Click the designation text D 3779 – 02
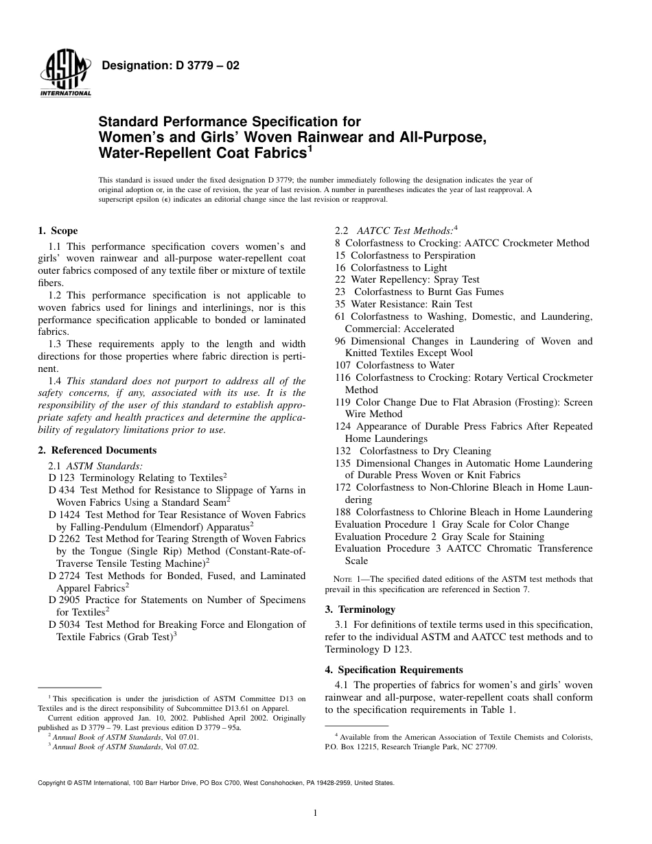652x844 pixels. tap(170, 67)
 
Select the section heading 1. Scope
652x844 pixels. tap(58, 231)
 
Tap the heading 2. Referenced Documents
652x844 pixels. tap(97, 450)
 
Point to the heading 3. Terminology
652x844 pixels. tap(360, 609)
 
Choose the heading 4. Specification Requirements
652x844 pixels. tap(394, 670)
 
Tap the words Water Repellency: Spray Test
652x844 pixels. tap(415, 280)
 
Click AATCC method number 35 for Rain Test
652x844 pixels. tap(340, 304)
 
